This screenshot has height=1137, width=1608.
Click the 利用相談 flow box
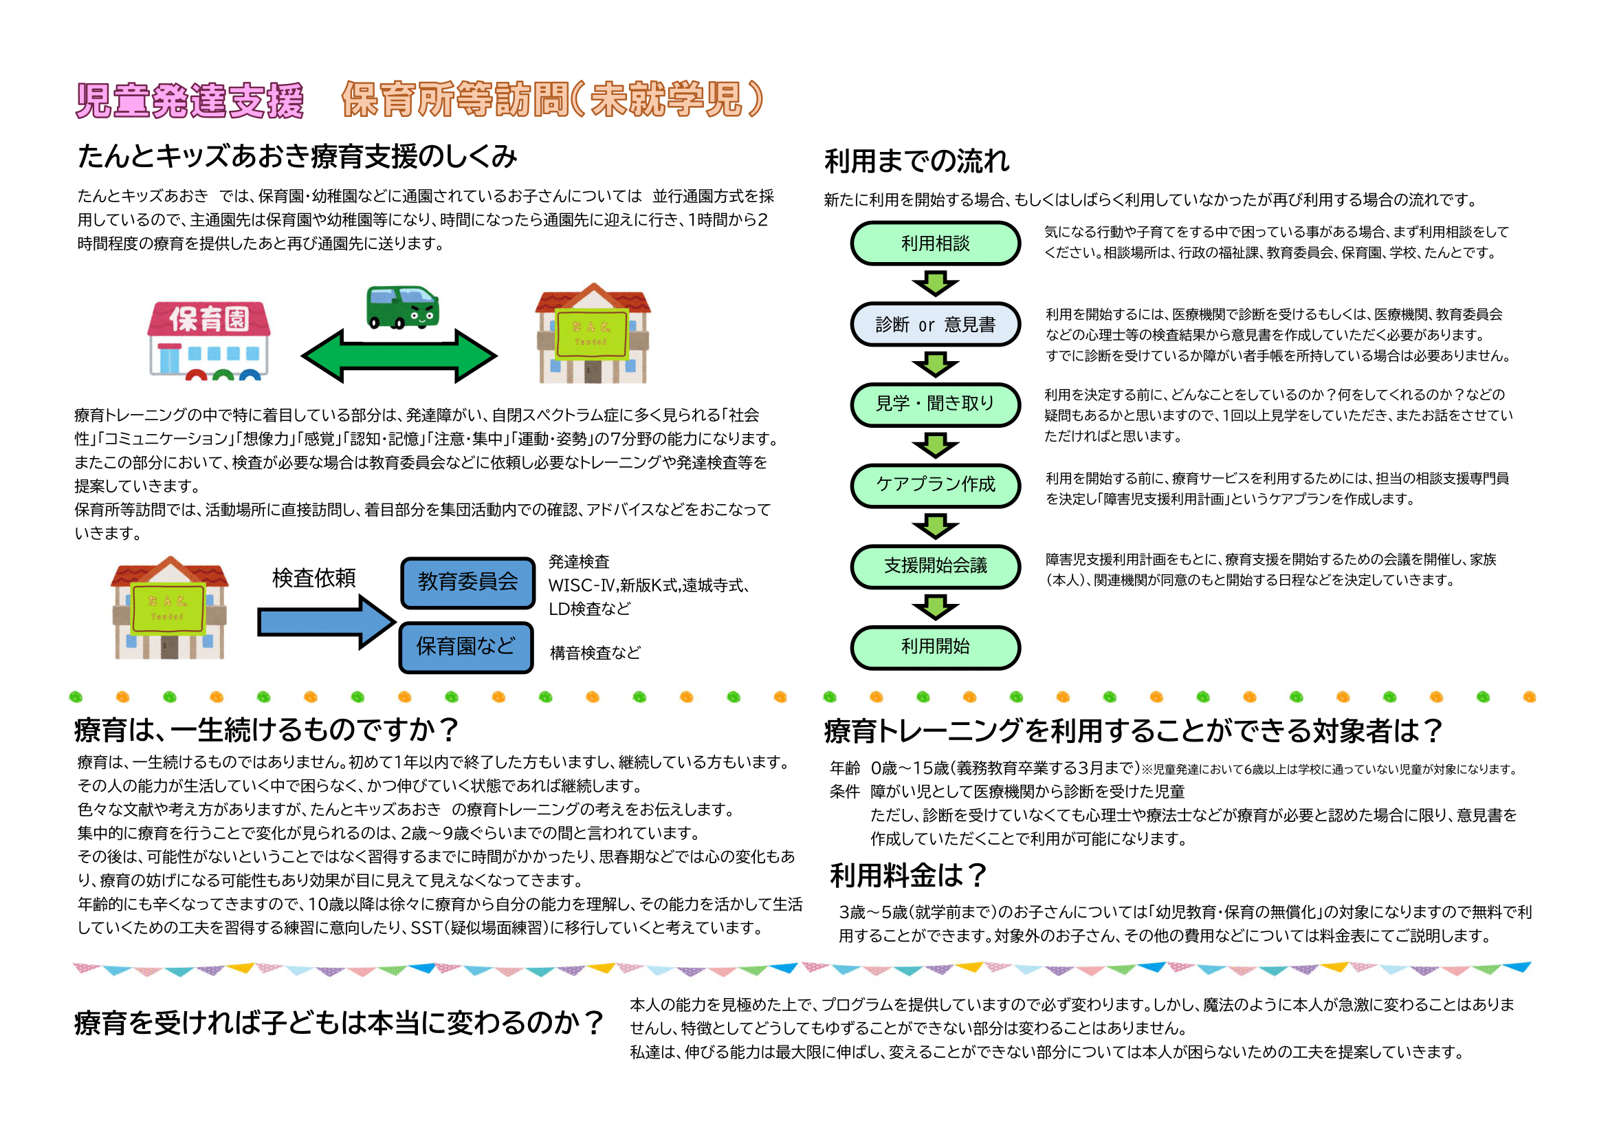click(x=935, y=243)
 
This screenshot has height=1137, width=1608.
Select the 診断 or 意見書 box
click(x=935, y=325)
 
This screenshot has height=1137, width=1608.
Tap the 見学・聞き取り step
click(x=935, y=404)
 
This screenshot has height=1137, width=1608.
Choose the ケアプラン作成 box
click(x=935, y=485)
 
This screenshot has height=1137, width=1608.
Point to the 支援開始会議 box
click(x=935, y=566)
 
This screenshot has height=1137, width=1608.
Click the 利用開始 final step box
click(x=935, y=647)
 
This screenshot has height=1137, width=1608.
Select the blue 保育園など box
click(x=465, y=647)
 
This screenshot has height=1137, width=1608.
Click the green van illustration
click(x=403, y=307)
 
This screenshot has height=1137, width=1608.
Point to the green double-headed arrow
click(x=399, y=356)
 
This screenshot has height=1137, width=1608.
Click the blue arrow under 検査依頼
click(x=327, y=622)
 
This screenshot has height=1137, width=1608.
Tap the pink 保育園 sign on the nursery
click(x=209, y=319)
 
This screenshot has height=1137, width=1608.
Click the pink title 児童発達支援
click(x=190, y=100)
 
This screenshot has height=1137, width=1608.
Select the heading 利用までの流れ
click(x=917, y=161)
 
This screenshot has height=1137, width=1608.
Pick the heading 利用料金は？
click(x=907, y=875)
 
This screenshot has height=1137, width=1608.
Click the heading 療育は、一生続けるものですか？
click(x=266, y=730)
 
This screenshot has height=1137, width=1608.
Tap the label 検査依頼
click(x=313, y=578)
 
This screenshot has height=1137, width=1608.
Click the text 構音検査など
click(x=595, y=653)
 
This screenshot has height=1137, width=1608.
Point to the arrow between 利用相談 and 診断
click(x=935, y=283)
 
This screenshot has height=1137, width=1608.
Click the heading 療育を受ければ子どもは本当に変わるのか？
click(x=339, y=1023)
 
